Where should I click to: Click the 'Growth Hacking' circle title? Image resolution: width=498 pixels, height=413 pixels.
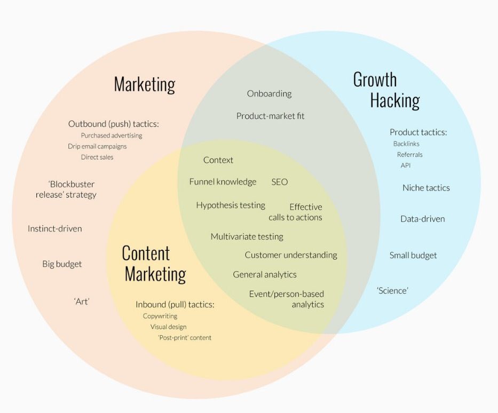386,90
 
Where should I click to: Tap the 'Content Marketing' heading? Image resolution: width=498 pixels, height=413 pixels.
154,264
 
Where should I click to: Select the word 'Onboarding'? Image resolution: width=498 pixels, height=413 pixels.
269,94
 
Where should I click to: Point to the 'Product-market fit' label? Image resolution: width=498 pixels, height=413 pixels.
270,116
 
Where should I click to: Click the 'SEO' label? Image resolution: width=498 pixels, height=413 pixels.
279,182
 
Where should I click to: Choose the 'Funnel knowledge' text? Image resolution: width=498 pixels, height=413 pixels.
223,182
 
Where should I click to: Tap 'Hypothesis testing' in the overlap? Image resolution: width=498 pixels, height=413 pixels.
230,205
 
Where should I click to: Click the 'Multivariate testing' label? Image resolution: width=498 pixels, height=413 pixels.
247,236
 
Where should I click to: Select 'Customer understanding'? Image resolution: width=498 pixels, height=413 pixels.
291,255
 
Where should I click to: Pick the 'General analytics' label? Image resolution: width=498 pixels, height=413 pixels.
264,275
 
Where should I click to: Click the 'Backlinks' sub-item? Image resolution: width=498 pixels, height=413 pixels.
406,144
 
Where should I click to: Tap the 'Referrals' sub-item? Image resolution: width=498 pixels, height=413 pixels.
409,155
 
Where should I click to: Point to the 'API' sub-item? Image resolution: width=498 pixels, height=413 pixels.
406,165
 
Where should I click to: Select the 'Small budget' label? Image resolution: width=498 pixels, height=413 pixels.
413,256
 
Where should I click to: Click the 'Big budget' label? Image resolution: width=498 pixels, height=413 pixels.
62,264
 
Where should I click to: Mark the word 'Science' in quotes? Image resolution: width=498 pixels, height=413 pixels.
392,291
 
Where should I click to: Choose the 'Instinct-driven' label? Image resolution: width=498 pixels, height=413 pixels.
54,229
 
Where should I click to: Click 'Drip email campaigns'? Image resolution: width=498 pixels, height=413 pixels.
97,146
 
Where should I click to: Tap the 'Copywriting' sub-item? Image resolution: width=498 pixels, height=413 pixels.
160,316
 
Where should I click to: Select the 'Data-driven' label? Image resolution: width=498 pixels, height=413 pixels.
422,219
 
